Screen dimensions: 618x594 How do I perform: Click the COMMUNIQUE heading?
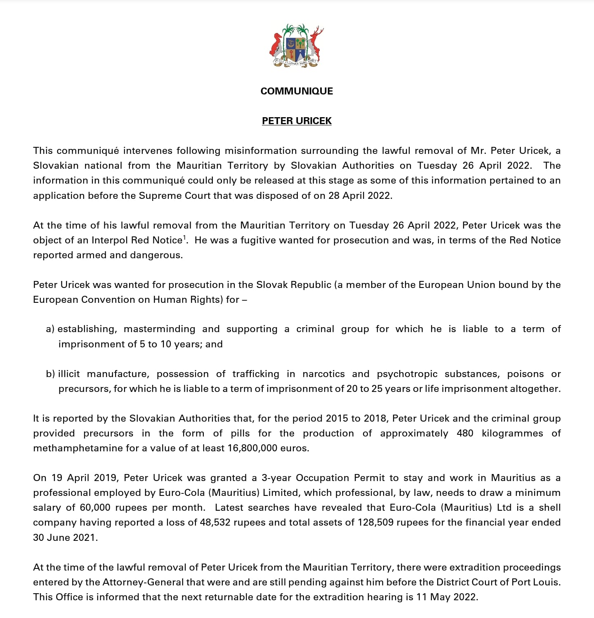pos(297,91)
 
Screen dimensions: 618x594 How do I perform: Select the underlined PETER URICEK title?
pos(297,121)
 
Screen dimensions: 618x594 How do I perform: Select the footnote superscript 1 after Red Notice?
pos(184,237)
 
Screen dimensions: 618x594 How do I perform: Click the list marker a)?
pos(50,329)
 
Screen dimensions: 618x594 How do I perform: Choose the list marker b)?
pos(50,374)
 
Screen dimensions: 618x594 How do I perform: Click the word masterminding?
pos(159,329)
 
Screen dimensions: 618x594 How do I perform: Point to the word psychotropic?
pos(407,374)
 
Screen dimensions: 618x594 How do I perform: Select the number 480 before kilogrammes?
pos(465,434)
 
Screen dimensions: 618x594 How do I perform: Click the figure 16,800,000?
pos(252,448)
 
